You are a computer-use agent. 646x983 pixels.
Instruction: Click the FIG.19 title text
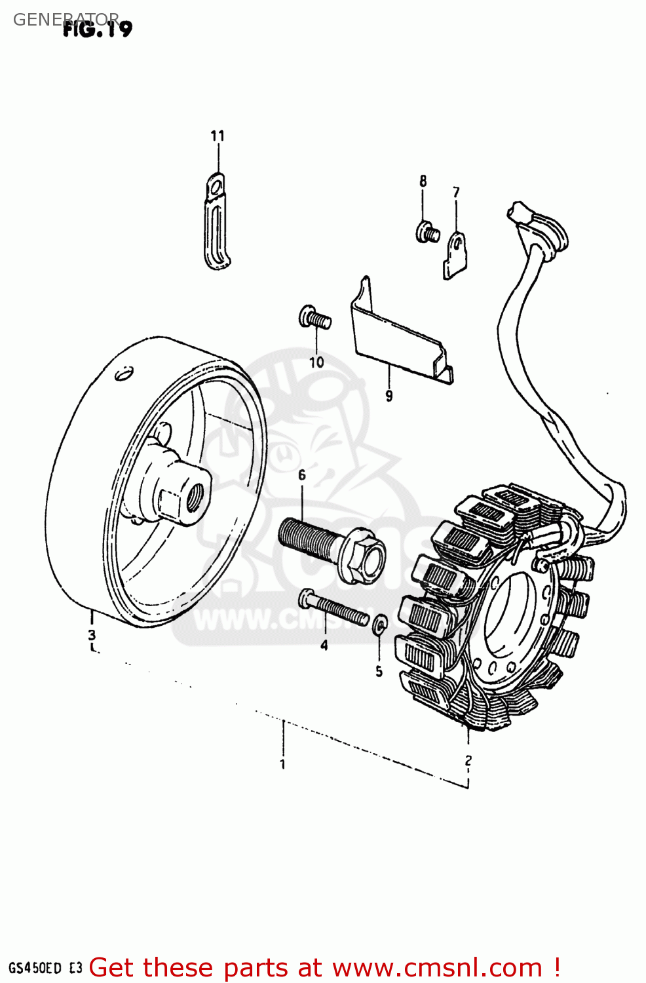coord(98,28)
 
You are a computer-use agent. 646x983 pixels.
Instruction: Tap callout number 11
coord(218,136)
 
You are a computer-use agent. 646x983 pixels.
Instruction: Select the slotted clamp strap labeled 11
coord(216,223)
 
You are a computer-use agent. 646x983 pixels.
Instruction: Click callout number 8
coord(423,181)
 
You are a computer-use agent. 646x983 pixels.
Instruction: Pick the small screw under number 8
coord(427,231)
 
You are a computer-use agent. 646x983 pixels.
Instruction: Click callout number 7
coord(456,192)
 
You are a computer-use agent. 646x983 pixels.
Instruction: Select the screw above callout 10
coord(314,318)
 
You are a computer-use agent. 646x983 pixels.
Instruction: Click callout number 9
coord(389,396)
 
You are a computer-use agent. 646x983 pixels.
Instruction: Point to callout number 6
coord(301,475)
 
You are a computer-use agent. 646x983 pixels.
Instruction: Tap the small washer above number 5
coord(379,625)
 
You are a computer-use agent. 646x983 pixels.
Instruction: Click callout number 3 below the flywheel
coord(92,634)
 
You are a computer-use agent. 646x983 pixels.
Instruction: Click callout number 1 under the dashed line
coord(282,764)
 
